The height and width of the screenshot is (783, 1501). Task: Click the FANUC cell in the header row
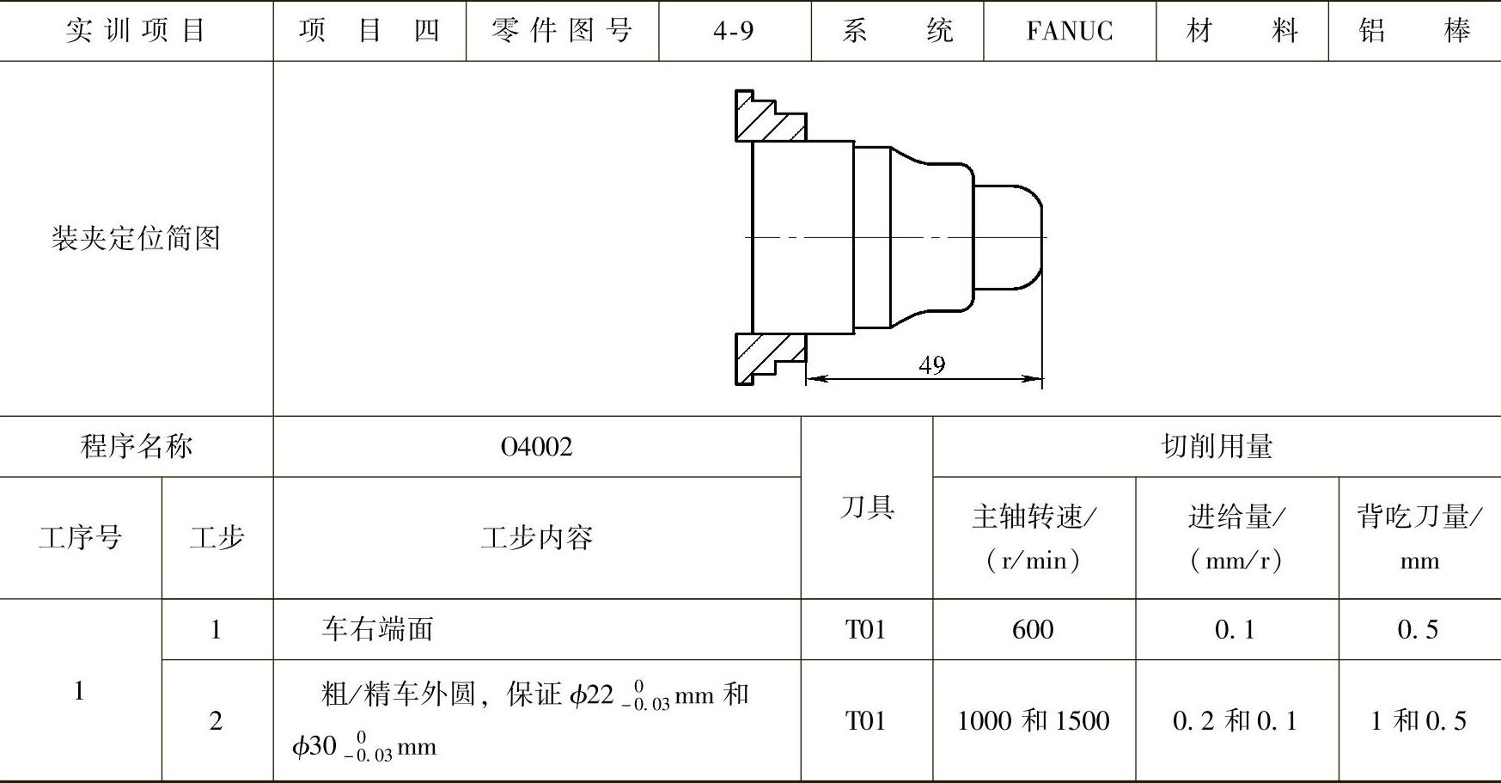pos(1069,31)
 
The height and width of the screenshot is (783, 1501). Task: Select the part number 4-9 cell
pos(734,31)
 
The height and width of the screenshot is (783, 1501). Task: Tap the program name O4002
pos(536,447)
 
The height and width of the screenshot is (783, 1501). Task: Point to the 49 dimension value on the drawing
pos(931,365)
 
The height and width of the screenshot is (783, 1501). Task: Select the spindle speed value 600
pos(1033,630)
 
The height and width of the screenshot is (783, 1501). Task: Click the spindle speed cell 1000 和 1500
pos(1033,720)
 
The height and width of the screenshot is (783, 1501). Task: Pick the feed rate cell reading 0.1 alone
pos(1236,630)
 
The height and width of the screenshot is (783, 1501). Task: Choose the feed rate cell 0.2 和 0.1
pos(1236,720)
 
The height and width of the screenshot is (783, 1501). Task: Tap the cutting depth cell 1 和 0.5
pos(1418,720)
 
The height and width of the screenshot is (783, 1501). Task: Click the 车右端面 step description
pos(377,630)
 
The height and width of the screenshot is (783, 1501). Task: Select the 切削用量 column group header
pos(1217,447)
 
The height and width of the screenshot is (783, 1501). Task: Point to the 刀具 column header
pos(867,508)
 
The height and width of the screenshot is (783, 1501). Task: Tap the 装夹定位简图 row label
pos(136,238)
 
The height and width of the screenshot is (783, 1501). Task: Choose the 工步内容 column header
pos(536,538)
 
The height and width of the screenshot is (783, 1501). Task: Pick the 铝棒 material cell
pos(1414,31)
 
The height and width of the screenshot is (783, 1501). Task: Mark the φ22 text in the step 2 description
pos(591,694)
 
